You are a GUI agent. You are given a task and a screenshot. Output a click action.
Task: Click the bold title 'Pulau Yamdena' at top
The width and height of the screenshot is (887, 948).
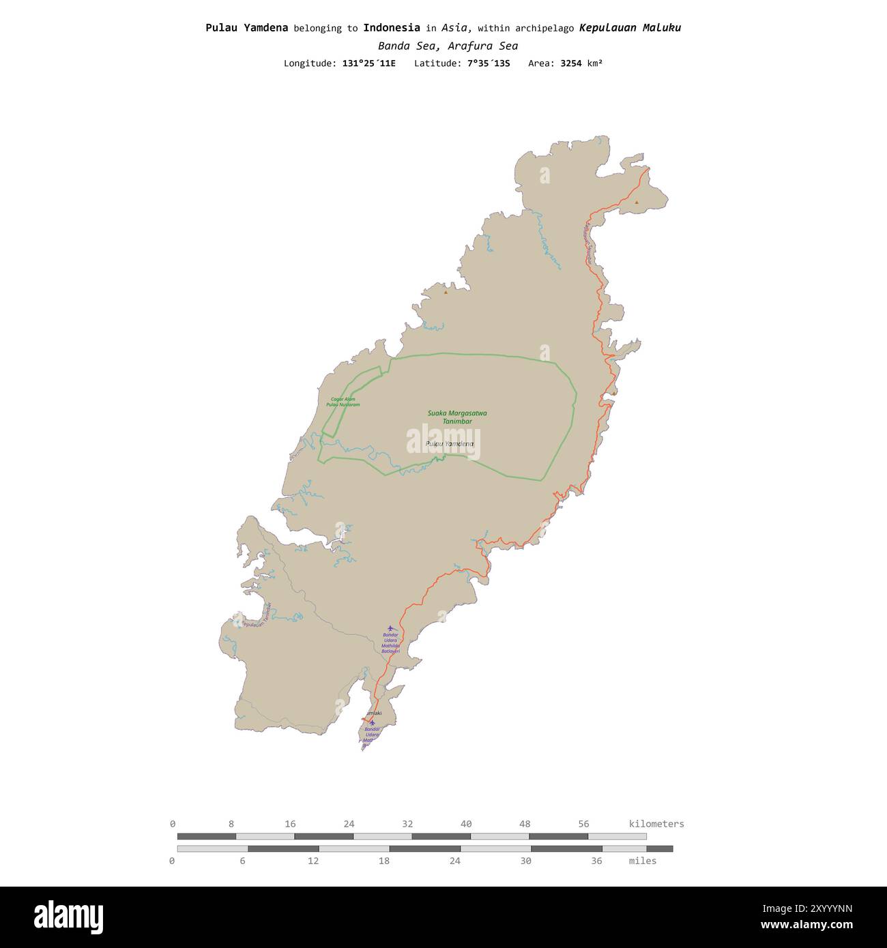246,28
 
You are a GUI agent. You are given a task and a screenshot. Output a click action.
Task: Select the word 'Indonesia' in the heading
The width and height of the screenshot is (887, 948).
391,28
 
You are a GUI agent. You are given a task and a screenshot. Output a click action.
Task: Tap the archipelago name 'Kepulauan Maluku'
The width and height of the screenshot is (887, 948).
630,28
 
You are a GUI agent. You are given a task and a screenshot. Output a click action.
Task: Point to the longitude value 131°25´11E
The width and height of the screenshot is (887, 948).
368,63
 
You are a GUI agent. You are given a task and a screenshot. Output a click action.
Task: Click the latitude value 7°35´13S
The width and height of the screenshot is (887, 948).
489,63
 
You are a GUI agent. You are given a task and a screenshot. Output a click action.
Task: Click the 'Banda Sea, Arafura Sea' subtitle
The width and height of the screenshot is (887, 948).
448,46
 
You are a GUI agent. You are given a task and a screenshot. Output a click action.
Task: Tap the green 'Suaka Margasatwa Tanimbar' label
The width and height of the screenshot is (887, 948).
457,417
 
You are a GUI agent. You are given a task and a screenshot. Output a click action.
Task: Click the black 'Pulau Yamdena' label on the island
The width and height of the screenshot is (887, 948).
449,444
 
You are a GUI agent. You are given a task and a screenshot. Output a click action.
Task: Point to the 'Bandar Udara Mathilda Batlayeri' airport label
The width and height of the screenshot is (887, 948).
390,643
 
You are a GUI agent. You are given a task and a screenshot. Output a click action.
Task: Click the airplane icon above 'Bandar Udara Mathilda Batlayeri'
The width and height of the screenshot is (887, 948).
390,628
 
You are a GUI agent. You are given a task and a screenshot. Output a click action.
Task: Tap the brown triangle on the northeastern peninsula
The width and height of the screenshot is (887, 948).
637,202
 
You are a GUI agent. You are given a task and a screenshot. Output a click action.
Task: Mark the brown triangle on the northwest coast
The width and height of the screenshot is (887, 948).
446,292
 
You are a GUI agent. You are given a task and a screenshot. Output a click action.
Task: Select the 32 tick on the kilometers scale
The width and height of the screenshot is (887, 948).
407,824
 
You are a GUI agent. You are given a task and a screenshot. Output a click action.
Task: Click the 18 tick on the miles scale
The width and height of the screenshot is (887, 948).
384,861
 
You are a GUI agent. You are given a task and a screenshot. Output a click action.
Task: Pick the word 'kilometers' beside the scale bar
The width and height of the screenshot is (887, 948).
656,824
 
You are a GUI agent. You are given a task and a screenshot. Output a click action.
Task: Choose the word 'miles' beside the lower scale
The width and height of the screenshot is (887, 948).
642,861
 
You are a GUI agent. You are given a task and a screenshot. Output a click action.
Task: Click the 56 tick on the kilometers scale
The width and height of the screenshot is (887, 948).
584,824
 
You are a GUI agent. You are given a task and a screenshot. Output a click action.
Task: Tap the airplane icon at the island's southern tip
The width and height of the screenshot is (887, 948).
372,722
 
